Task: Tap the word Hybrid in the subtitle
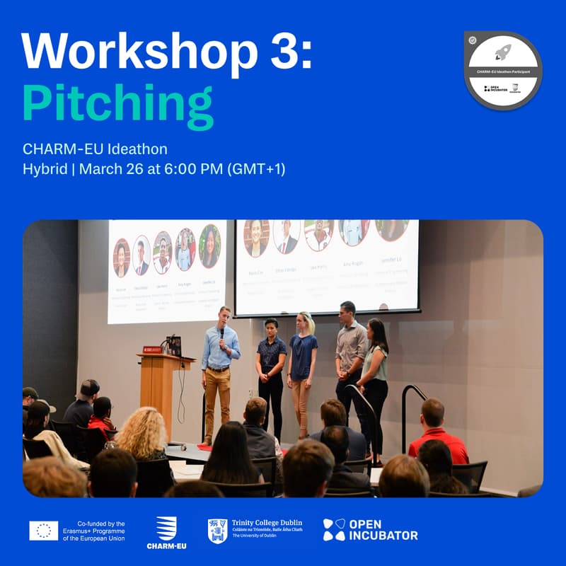47,170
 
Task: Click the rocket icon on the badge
503,51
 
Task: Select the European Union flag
44,530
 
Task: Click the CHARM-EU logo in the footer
166,532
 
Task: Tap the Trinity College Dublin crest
217,531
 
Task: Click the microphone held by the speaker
221,332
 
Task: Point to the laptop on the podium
173,346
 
